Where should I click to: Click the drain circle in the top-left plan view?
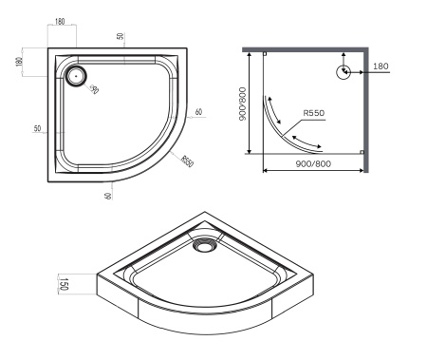[x=76, y=75]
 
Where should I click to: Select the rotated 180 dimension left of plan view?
[x=19, y=62]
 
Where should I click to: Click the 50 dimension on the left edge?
[x=35, y=129]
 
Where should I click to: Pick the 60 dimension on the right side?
[x=199, y=112]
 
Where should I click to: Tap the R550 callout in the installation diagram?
[x=316, y=114]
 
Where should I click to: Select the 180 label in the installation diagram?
[x=381, y=66]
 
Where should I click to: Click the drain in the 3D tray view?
[x=202, y=246]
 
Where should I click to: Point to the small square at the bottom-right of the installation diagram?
[x=361, y=152]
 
